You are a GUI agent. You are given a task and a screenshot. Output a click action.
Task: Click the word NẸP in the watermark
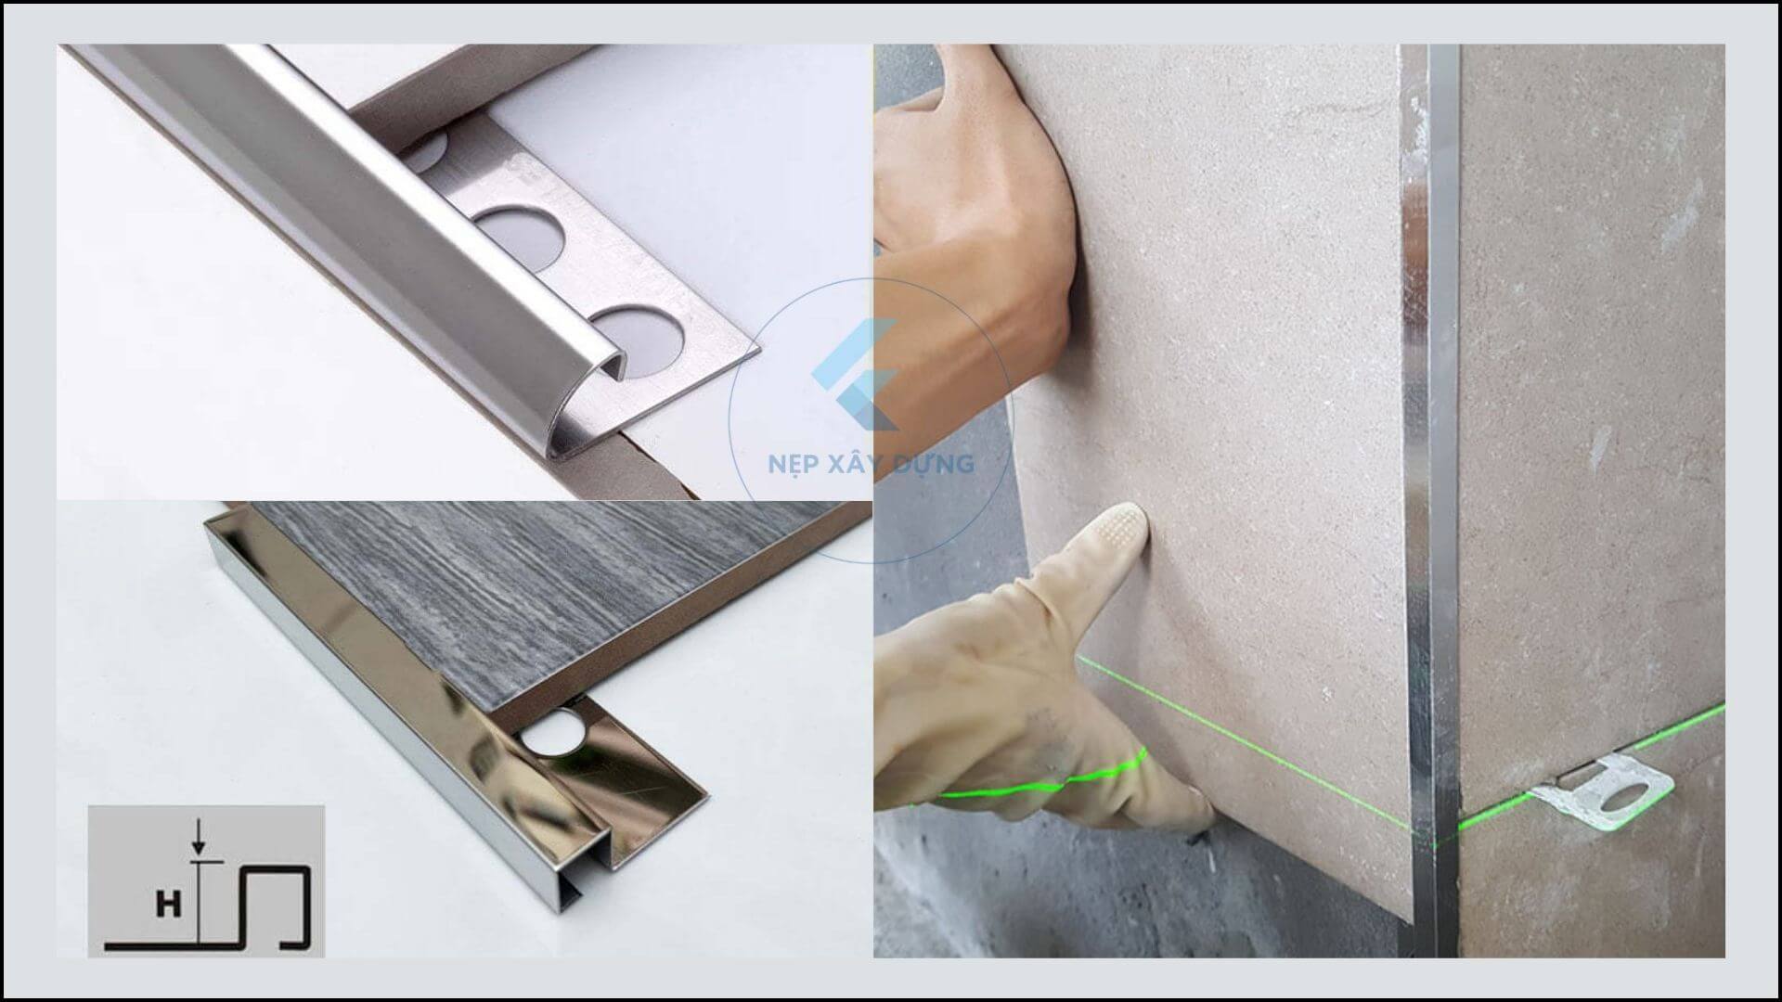[x=792, y=462]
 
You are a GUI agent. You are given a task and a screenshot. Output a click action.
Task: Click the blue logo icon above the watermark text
[x=855, y=375]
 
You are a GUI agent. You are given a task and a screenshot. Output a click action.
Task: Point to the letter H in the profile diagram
[x=168, y=905]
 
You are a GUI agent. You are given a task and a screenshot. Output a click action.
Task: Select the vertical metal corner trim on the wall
[x=1429, y=501]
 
